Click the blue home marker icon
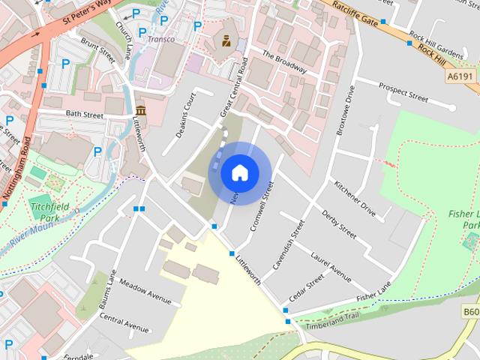(239, 172)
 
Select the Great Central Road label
(234, 85)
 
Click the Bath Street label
(84, 115)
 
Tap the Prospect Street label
(403, 92)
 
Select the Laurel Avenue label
(330, 266)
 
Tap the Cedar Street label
(306, 288)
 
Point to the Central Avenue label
(124, 322)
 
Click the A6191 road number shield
(460, 76)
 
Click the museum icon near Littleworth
(141, 112)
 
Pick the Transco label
(161, 39)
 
